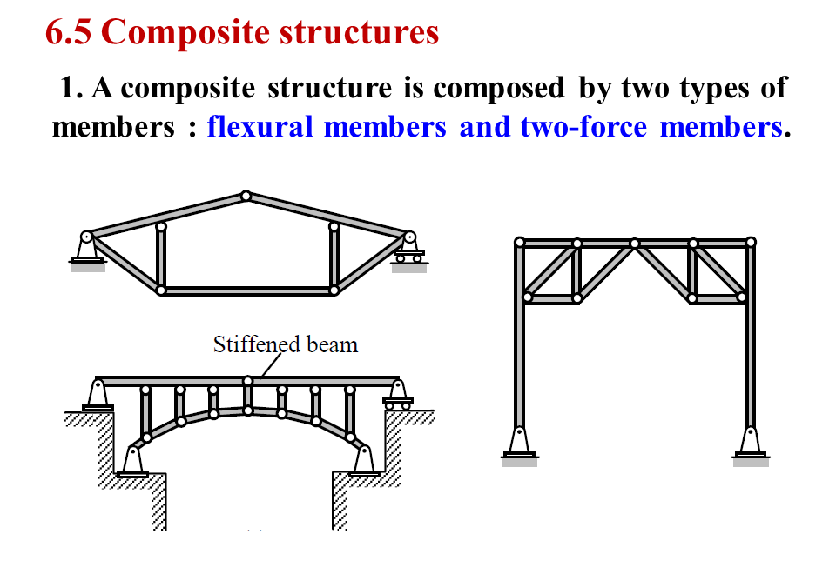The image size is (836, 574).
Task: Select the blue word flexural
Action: pyautogui.click(x=260, y=127)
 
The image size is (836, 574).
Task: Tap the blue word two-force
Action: pyautogui.click(x=583, y=127)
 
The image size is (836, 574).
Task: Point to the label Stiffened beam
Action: pyautogui.click(x=285, y=344)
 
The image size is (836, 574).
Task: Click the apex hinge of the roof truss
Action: pyautogui.click(x=246, y=196)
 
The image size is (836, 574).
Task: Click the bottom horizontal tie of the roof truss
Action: pyautogui.click(x=247, y=290)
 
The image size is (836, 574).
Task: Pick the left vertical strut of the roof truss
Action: pyautogui.click(x=161, y=258)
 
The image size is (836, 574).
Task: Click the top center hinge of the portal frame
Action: pyautogui.click(x=635, y=243)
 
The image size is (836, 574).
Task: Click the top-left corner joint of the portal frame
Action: pyautogui.click(x=520, y=243)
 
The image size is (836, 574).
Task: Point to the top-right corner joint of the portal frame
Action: pyautogui.click(x=751, y=243)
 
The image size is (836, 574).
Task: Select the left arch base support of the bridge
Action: pyautogui.click(x=132, y=460)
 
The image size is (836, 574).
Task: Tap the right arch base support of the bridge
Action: pyautogui.click(x=363, y=460)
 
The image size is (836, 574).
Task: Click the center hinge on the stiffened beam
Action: pyautogui.click(x=247, y=380)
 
